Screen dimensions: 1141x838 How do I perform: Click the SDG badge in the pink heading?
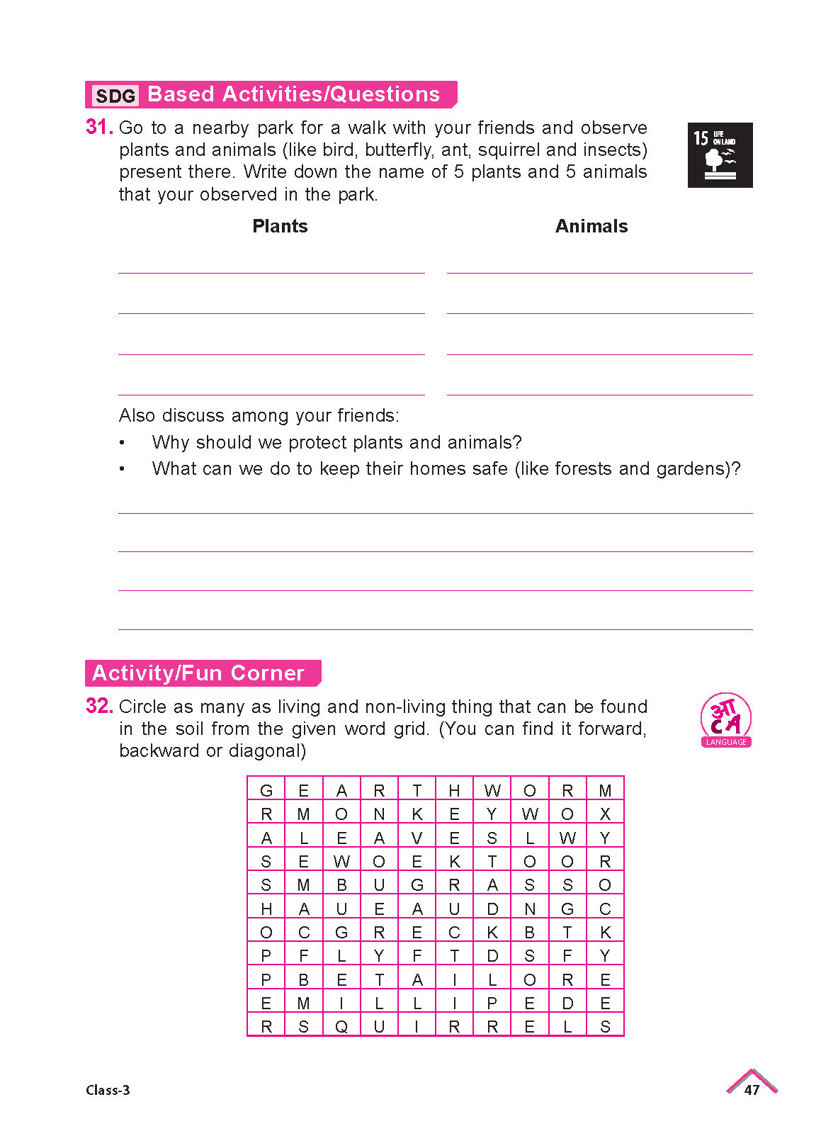pos(115,96)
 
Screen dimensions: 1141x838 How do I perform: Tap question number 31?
pos(98,128)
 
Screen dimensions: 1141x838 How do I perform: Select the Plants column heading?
pos(280,226)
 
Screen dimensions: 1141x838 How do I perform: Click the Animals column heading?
pos(591,226)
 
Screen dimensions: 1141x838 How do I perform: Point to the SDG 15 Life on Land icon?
pos(720,155)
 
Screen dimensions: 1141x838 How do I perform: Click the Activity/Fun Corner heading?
pos(198,673)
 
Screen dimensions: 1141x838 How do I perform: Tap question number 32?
pos(98,706)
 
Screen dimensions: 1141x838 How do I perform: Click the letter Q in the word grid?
pos(341,1027)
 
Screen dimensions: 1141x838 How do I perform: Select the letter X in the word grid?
pos(605,814)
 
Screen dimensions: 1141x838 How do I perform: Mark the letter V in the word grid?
pos(417,838)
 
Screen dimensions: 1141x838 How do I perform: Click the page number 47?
pos(752,1090)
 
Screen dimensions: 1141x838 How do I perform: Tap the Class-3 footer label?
pos(108,1090)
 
